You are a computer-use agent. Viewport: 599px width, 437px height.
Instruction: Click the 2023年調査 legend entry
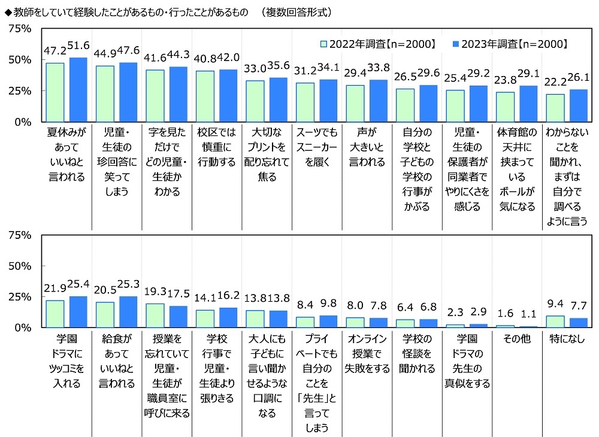pos(513,44)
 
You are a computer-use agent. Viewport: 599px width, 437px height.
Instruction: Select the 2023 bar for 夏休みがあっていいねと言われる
pos(78,90)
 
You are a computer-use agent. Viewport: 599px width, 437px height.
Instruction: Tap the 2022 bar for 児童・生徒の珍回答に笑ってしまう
pos(105,94)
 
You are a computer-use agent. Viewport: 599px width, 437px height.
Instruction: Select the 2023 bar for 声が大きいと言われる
pos(379,101)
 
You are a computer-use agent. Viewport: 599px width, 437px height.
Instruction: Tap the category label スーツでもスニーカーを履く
pos(316,147)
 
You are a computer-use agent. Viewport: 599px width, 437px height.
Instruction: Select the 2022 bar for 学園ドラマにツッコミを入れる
pos(55,314)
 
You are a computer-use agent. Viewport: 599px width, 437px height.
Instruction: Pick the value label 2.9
pos(479,313)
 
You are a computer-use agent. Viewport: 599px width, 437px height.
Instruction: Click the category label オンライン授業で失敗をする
pos(367,361)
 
